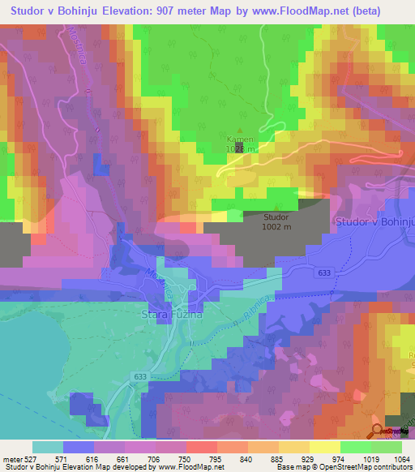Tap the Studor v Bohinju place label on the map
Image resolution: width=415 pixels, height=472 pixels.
pyautogui.click(x=373, y=222)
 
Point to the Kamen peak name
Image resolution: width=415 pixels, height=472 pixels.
pyautogui.click(x=239, y=139)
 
